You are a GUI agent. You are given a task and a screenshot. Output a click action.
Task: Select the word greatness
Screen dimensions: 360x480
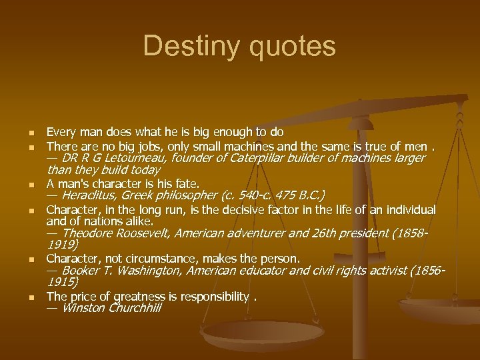coord(133,296)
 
